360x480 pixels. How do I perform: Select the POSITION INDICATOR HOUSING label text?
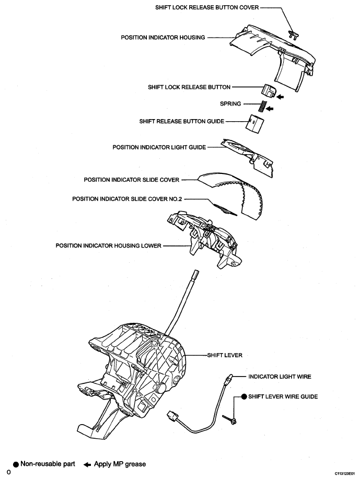coord(163,38)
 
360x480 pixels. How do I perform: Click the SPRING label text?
coord(230,104)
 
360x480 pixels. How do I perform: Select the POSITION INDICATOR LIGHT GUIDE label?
coord(159,147)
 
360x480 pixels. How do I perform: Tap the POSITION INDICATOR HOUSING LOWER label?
coord(109,245)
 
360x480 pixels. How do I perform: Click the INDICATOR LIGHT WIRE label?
coord(281,376)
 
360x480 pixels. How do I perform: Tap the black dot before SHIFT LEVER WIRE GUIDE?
coord(243,397)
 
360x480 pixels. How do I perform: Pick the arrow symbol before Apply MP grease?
coord(87,464)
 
